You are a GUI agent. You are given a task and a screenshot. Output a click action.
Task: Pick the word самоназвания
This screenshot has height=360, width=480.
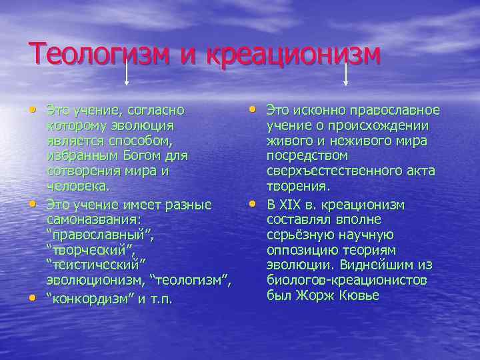(x=93, y=218)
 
